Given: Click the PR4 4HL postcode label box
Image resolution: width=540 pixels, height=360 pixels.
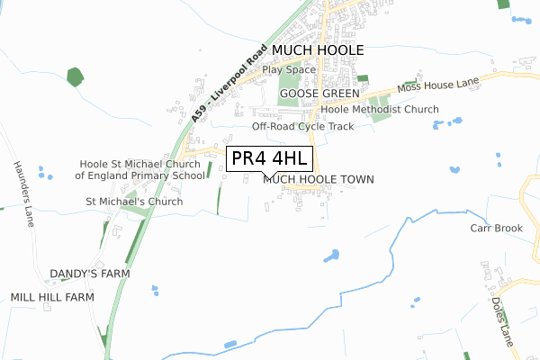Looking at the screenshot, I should pyautogui.click(x=270, y=159).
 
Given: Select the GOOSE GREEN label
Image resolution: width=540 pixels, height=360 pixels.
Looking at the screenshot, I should pyautogui.click(x=314, y=93).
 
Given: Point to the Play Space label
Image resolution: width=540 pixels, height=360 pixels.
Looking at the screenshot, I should pyautogui.click(x=289, y=69).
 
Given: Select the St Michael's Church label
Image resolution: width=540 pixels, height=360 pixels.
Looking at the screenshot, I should pyautogui.click(x=134, y=202).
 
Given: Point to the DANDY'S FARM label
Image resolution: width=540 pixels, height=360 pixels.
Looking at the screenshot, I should pyautogui.click(x=90, y=274).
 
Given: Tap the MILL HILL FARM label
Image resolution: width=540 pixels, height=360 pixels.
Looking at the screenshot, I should pyautogui.click(x=52, y=297).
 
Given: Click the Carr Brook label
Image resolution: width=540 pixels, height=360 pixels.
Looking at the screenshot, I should pyautogui.click(x=496, y=229).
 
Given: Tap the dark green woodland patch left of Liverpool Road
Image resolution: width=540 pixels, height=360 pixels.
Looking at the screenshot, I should pyautogui.click(x=74, y=76).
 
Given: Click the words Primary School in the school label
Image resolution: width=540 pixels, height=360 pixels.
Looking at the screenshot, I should pyautogui.click(x=136, y=175).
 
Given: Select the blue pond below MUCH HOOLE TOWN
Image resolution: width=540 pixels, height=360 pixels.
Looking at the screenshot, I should pyautogui.click(x=331, y=257).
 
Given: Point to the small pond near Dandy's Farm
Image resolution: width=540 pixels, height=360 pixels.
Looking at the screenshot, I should pyautogui.click(x=154, y=290).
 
